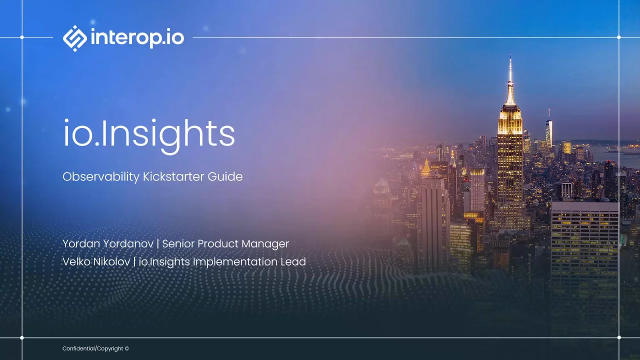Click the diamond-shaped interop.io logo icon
(75, 38)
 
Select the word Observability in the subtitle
(101, 177)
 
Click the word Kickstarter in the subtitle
(173, 176)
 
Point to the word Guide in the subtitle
(225, 176)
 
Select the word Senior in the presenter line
(178, 243)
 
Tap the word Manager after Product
(265, 243)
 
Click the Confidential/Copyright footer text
(95, 348)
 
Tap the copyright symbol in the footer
(127, 348)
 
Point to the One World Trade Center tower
(549, 128)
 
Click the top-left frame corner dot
(22, 37)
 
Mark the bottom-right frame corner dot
(619, 337)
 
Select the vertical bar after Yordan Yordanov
(158, 244)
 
